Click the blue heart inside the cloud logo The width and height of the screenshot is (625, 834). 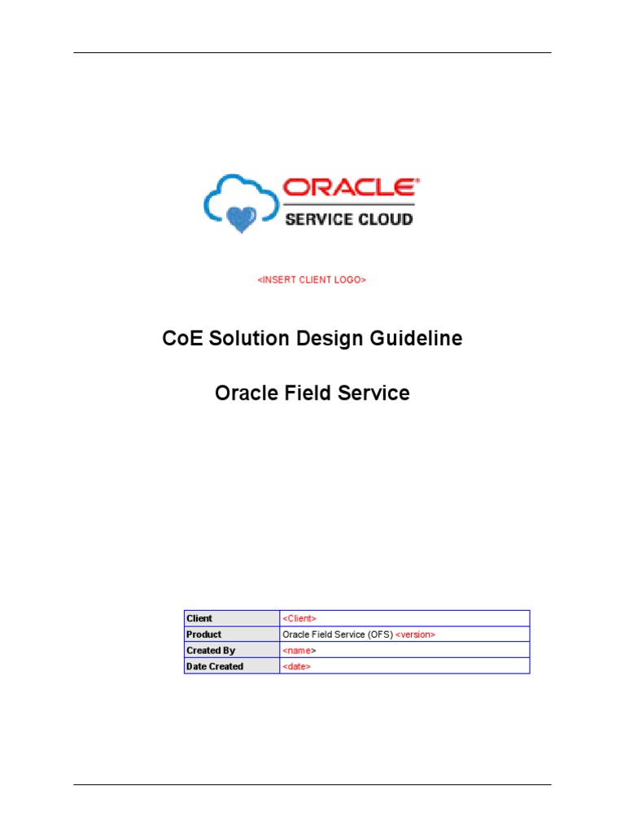pyautogui.click(x=242, y=217)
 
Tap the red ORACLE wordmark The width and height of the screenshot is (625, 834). pyautogui.click(x=350, y=188)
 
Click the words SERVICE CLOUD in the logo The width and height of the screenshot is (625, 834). pyautogui.click(x=348, y=218)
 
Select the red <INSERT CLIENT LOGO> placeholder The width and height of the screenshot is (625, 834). pyautogui.click(x=312, y=280)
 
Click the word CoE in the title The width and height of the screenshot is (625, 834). pyautogui.click(x=181, y=339)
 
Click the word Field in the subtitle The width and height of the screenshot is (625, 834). pyautogui.click(x=305, y=393)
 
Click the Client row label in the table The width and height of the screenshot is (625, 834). pyautogui.click(x=199, y=618)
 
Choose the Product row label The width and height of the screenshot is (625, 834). pyautogui.click(x=203, y=634)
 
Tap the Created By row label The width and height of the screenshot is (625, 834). pyautogui.click(x=211, y=651)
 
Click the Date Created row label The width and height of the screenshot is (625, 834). pyautogui.click(x=215, y=666)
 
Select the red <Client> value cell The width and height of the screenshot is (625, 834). pyautogui.click(x=299, y=618)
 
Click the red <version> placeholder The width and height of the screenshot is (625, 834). pyautogui.click(x=415, y=634)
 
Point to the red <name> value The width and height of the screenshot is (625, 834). pyautogui.click(x=299, y=651)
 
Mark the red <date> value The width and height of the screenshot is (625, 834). pyautogui.click(x=297, y=666)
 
